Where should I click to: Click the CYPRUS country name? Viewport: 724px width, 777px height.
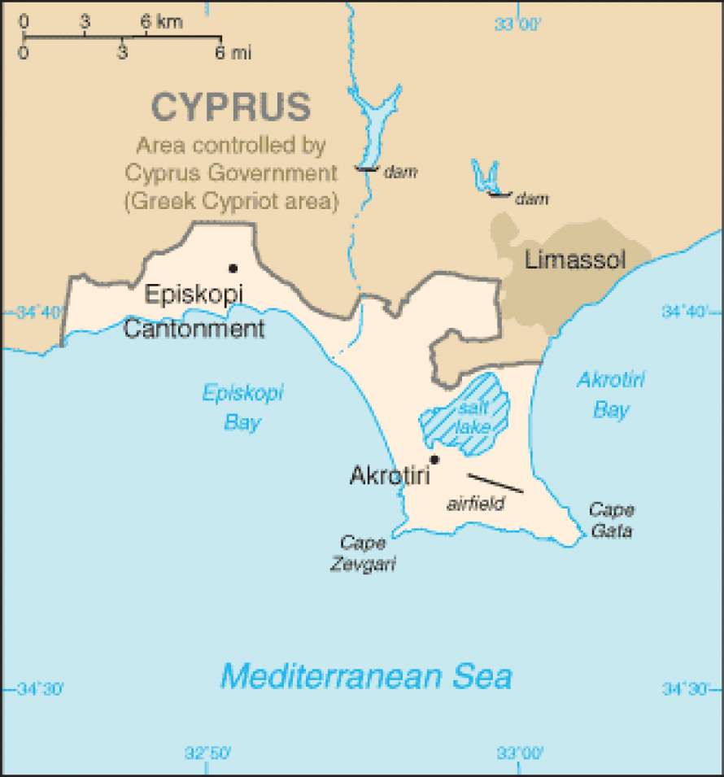click(231, 107)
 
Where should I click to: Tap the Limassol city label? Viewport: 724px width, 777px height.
click(575, 260)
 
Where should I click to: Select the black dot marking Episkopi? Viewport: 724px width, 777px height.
click(233, 268)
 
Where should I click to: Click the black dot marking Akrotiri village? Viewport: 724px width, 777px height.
click(434, 459)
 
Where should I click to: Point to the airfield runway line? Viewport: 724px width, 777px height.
click(495, 482)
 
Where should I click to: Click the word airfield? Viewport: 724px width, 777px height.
click(475, 504)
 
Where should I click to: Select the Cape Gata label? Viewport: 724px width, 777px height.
click(611, 520)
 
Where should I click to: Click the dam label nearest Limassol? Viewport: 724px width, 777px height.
click(532, 198)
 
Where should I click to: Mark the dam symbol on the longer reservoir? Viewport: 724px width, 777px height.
click(366, 169)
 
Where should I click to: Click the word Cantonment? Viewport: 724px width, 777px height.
click(194, 329)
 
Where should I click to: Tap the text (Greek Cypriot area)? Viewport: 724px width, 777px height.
click(231, 201)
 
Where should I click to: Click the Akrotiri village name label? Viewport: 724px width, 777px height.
click(389, 476)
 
